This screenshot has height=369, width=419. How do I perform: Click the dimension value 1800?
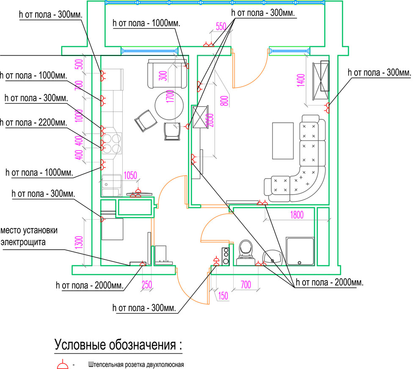point(297,215)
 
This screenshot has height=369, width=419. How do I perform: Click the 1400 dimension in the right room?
point(301,80)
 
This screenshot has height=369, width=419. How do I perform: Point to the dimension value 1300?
point(79,242)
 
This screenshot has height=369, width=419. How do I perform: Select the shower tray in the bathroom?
point(300,251)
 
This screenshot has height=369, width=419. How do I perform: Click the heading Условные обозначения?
point(119,344)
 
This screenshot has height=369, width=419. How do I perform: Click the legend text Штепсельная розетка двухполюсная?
point(136,364)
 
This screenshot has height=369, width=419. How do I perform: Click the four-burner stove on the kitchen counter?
point(112,143)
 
